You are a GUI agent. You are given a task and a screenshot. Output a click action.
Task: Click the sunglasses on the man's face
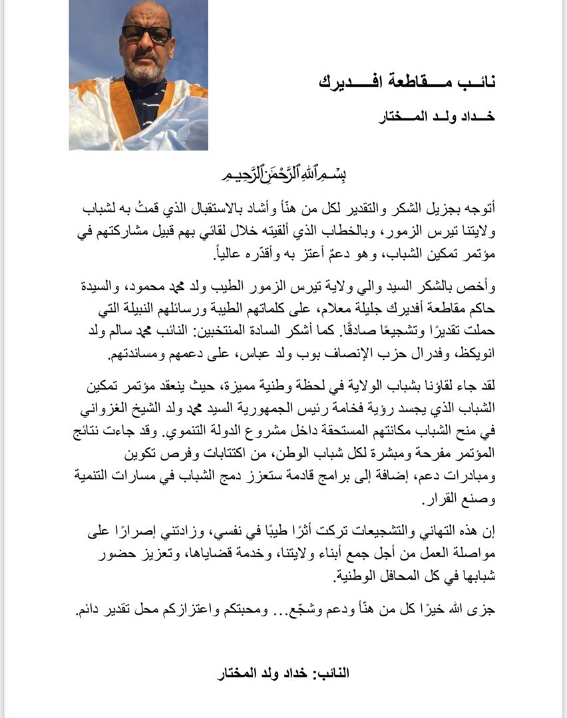[x=146, y=33]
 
